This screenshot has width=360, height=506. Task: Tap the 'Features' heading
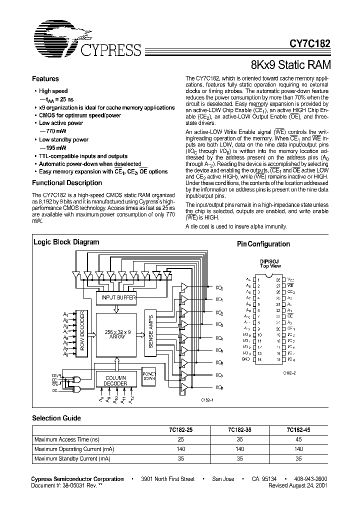pyautogui.click(x=45, y=79)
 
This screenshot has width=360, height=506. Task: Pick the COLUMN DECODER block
pyautogui.click(x=115, y=380)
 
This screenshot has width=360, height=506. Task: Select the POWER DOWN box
pyautogui.click(x=149, y=376)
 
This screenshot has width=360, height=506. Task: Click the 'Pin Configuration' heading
pyautogui.click(x=263, y=244)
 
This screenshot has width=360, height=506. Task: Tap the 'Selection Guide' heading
pyautogui.click(x=56, y=418)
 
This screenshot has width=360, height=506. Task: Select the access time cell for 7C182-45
pyautogui.click(x=299, y=439)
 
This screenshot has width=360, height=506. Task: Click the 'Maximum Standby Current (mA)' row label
pyautogui.click(x=72, y=458)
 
